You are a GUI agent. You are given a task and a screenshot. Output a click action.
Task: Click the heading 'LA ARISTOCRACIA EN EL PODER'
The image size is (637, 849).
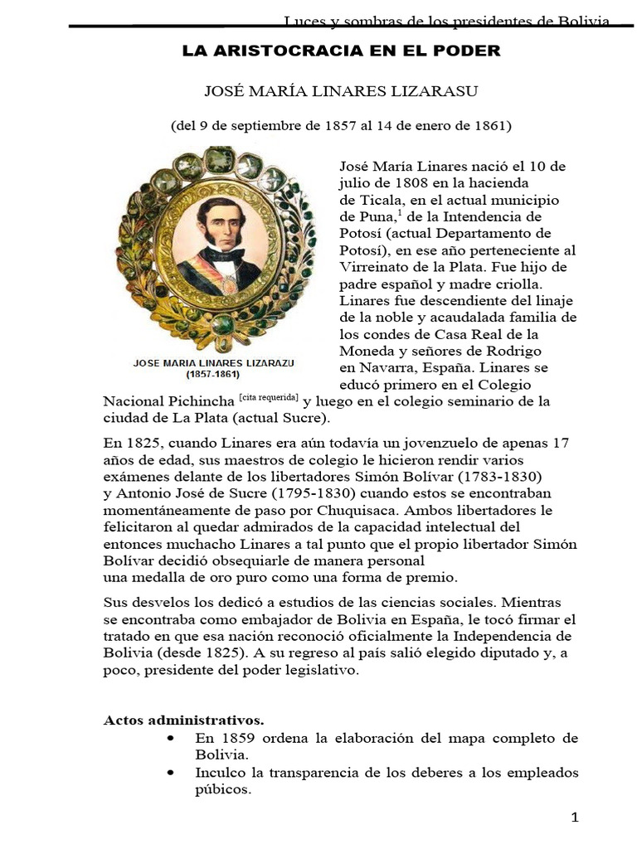coord(341,51)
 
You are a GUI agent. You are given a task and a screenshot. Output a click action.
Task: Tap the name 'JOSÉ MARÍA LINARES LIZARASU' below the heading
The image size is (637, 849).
coord(341,91)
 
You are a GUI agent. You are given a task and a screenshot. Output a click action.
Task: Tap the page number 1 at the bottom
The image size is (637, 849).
coord(574,818)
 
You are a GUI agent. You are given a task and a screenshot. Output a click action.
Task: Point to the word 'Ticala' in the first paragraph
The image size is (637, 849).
coord(379,201)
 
